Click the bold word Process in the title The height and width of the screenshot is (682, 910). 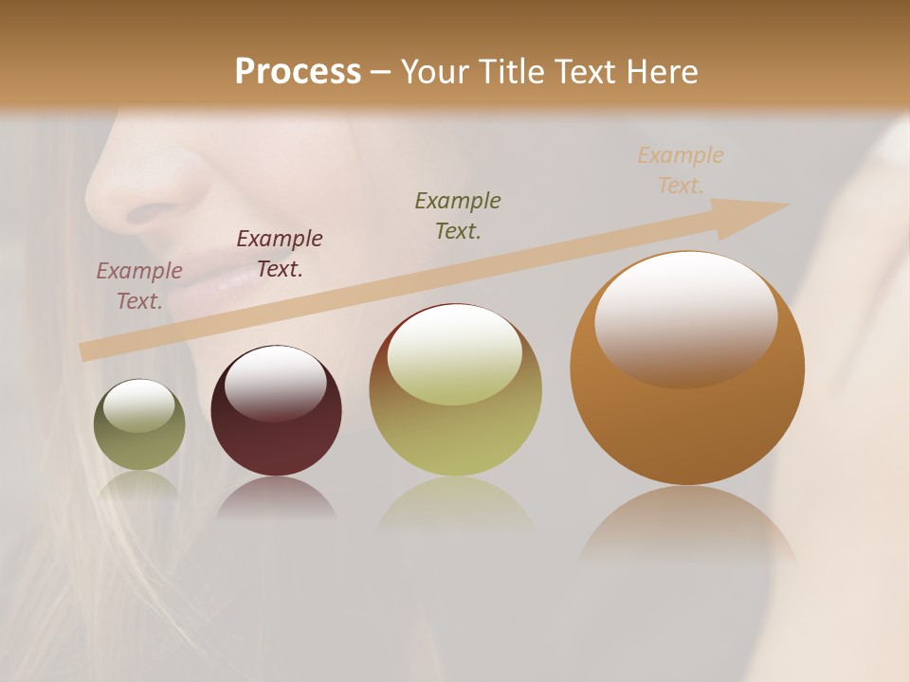(x=298, y=72)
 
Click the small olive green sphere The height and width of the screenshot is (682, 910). (x=139, y=445)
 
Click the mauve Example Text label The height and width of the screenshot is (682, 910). (x=139, y=285)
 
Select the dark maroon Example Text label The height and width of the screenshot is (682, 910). (x=280, y=253)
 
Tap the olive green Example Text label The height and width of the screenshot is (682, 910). (x=458, y=215)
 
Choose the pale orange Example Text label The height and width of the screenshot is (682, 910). (x=681, y=170)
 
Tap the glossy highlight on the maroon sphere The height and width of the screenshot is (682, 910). (x=275, y=383)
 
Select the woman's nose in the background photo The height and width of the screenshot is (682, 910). (x=142, y=189)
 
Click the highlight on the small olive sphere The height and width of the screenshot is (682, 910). (x=138, y=406)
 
